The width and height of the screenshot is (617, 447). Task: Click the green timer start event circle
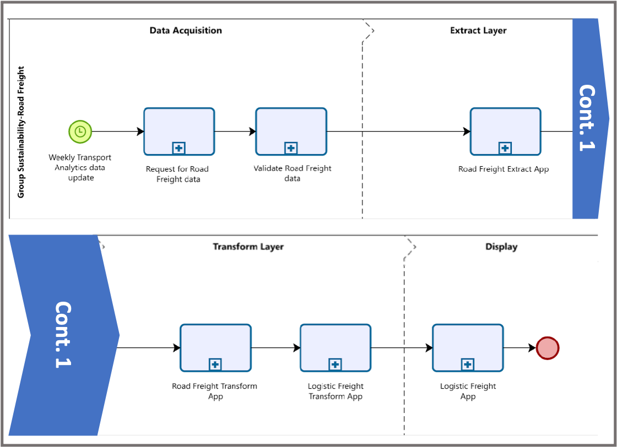[x=80, y=131]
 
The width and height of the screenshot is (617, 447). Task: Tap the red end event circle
[x=548, y=347]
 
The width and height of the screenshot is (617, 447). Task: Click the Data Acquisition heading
[x=186, y=30]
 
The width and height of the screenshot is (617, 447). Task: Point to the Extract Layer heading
[x=478, y=30]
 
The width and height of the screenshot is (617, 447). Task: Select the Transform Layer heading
[x=248, y=247]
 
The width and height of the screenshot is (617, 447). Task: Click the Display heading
[x=501, y=247]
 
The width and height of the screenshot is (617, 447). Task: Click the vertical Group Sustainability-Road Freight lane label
[x=21, y=132]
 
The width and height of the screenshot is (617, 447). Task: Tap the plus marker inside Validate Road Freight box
[x=291, y=148]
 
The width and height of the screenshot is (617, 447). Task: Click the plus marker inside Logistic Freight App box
[x=468, y=364]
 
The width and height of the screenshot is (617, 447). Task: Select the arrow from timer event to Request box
[x=117, y=132]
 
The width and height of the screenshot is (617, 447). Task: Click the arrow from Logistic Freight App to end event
[x=519, y=348]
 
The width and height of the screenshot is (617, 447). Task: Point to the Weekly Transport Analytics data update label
[x=80, y=167]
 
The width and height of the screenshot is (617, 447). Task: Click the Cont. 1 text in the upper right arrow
[x=588, y=118]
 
